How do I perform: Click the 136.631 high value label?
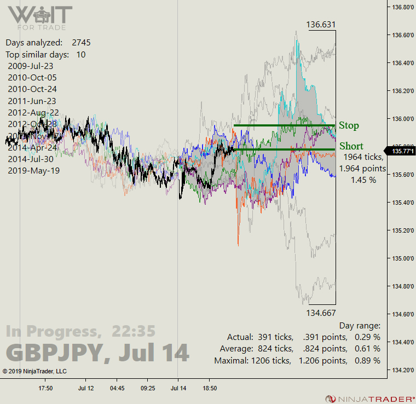click(321, 25)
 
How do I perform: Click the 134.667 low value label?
click(321, 313)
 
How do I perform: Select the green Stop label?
click(349, 126)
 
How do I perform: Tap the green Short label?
click(351, 146)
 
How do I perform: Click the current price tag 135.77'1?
click(401, 151)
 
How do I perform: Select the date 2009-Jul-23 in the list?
click(31, 66)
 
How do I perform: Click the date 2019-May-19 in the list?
click(33, 170)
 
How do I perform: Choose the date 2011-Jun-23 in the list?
click(32, 101)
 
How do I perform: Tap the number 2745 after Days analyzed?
click(81, 43)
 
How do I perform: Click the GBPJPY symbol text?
click(53, 353)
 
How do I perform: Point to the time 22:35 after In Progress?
click(134, 331)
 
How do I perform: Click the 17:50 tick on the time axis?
click(45, 388)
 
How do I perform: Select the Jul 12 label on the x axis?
click(86, 388)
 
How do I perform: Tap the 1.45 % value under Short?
click(363, 180)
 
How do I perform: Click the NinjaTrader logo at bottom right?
click(367, 399)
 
